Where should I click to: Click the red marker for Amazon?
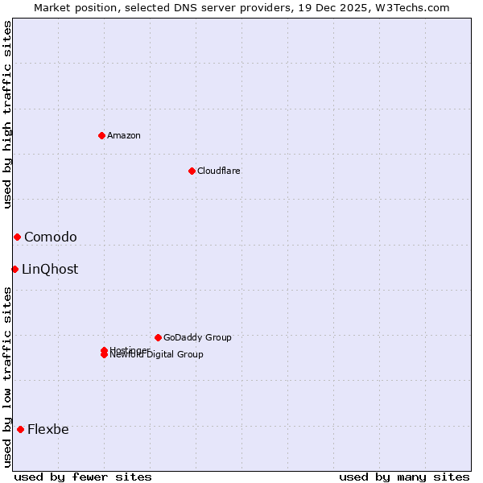(x=101, y=135)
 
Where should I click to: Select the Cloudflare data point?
(x=192, y=171)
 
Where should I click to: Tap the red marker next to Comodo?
(x=17, y=237)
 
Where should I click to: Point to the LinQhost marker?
(x=14, y=269)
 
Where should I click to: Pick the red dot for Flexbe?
(x=20, y=429)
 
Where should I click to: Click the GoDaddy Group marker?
(x=158, y=337)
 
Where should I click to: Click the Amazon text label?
(x=124, y=135)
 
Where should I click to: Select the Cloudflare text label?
(x=218, y=171)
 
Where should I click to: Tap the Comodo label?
(x=51, y=237)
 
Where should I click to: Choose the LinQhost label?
(x=50, y=269)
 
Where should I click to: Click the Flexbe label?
(x=48, y=429)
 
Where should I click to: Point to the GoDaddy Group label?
(x=197, y=337)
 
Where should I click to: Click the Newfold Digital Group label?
(x=157, y=355)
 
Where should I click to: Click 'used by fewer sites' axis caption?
(x=83, y=477)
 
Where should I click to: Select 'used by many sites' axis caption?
(x=404, y=477)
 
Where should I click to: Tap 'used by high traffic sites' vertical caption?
(x=7, y=114)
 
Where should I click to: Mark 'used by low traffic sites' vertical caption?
(x=7, y=377)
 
